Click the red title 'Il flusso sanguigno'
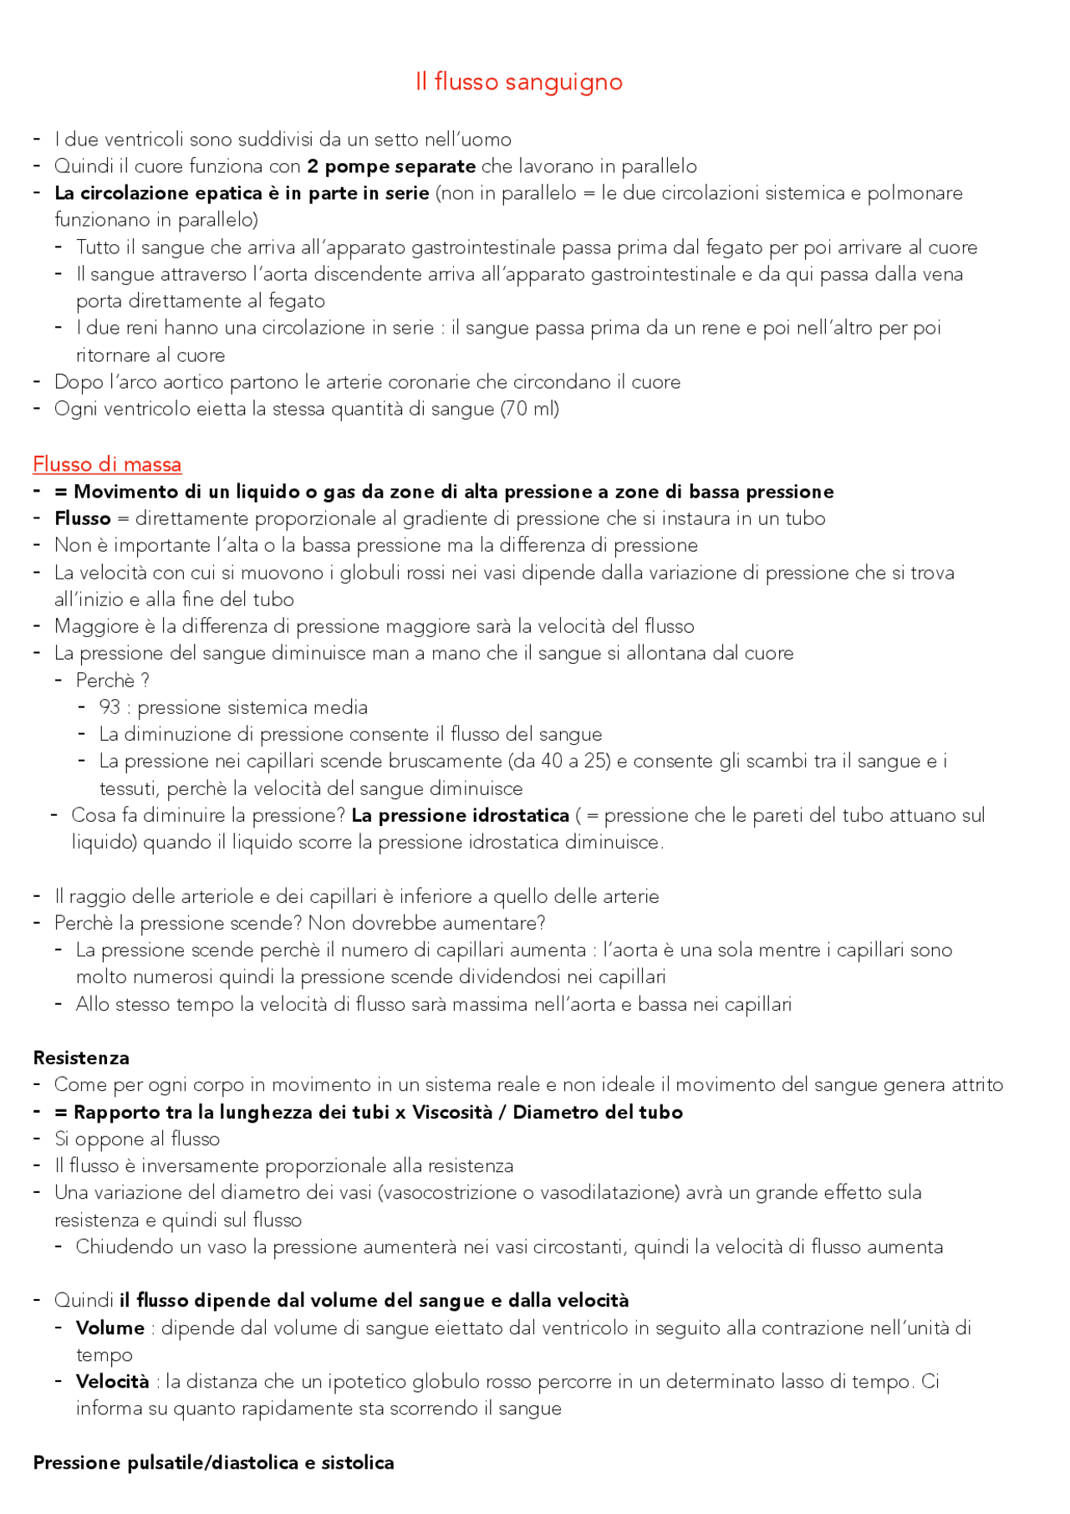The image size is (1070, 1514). (x=518, y=82)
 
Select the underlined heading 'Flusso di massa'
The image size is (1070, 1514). (x=107, y=464)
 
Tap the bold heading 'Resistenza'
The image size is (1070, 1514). (x=81, y=1058)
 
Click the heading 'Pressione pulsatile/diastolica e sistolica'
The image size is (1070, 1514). (x=213, y=1462)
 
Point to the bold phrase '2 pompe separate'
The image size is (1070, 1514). (x=391, y=166)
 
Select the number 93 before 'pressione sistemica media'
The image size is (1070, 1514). (x=110, y=707)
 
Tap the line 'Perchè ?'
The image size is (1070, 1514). (x=112, y=681)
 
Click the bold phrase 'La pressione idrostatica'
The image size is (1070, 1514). (x=460, y=815)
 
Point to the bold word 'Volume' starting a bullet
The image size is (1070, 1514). (x=110, y=1328)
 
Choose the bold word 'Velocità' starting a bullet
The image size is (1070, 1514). (x=112, y=1381)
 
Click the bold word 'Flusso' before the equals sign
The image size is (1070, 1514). (x=82, y=518)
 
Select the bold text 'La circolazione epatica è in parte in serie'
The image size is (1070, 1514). (x=242, y=193)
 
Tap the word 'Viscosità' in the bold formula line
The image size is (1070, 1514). (x=452, y=1112)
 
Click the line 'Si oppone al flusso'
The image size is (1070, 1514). (x=137, y=1139)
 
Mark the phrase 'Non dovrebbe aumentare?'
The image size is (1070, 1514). (x=426, y=923)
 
